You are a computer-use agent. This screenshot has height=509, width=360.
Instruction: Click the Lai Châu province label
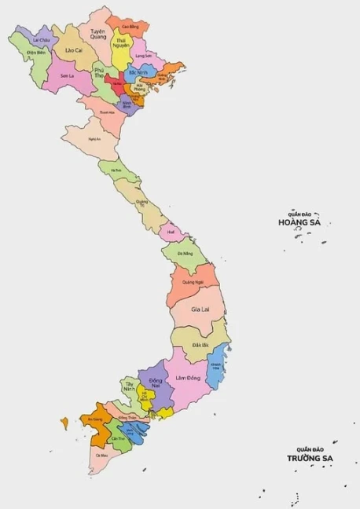pos(41,38)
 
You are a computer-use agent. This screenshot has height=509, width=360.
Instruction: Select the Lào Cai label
pos(74,49)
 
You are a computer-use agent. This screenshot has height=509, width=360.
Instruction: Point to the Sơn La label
pos(67,75)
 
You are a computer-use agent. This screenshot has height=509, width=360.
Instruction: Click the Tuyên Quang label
pos(97,34)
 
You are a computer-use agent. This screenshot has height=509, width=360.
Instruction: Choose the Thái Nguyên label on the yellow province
pos(122,42)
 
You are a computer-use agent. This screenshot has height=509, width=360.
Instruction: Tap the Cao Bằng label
pos(129,26)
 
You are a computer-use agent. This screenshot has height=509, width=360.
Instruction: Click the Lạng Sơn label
pos(143,56)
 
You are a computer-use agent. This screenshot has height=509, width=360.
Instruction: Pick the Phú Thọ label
pos(99,74)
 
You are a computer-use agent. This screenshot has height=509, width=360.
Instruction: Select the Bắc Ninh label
pos(138,72)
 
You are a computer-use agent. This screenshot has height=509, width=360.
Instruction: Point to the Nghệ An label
pos(94,139)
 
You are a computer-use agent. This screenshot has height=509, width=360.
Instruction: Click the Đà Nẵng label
pos(185,254)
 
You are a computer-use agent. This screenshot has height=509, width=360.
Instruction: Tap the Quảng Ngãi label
pos(193,281)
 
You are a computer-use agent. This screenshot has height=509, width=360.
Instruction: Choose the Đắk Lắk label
pos(200,345)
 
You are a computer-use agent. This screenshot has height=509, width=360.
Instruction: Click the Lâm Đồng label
pos(188,378)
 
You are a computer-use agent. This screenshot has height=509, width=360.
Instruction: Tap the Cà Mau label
pos(101,455)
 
